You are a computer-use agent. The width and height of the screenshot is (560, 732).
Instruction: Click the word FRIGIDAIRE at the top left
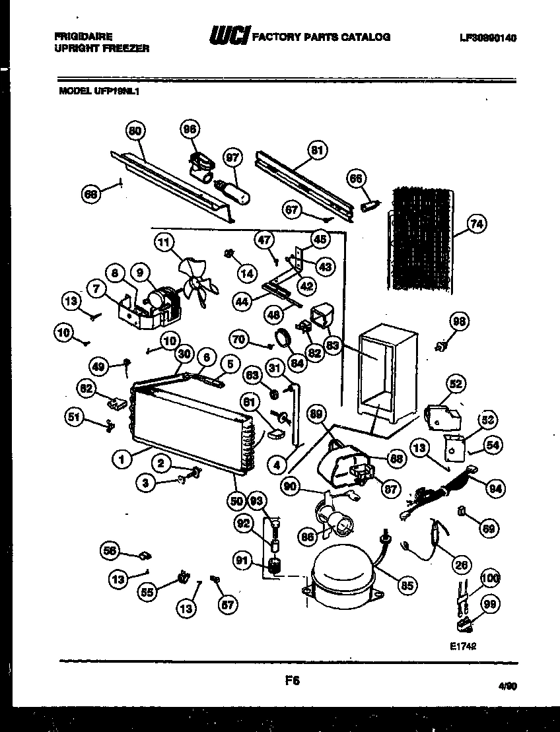pyautogui.click(x=83, y=37)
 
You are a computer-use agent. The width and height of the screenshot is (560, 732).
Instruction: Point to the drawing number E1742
pyautogui.click(x=462, y=648)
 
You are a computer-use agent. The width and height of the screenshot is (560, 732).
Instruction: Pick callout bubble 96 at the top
pyautogui.click(x=190, y=131)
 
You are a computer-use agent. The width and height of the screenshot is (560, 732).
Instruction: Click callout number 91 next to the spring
pyautogui.click(x=242, y=561)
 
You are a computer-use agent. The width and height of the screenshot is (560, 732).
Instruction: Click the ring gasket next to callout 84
pyautogui.click(x=285, y=338)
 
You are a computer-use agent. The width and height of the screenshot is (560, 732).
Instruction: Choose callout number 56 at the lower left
pyautogui.click(x=111, y=549)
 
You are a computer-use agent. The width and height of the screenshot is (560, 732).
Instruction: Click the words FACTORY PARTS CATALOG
pyautogui.click(x=321, y=38)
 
